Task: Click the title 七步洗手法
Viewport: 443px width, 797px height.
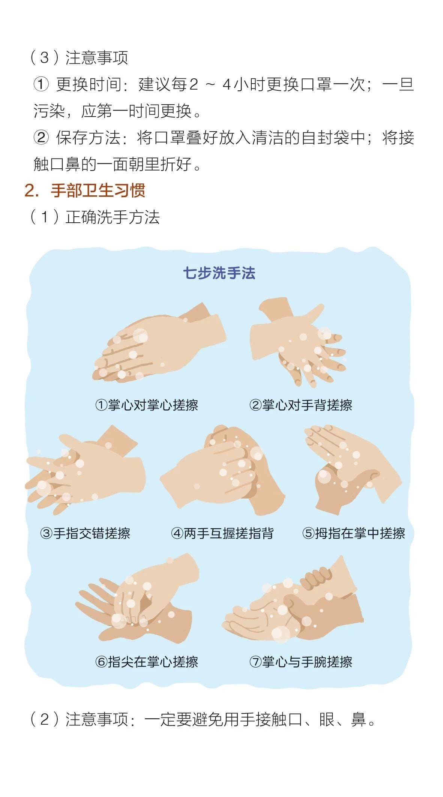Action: [219, 273]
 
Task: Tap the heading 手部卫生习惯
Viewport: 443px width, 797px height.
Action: [98, 190]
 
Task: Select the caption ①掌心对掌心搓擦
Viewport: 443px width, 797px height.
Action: [147, 405]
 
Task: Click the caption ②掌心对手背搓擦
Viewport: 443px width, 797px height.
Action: [301, 405]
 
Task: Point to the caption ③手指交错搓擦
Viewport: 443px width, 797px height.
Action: [85, 533]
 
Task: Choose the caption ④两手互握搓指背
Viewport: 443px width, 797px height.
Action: [222, 533]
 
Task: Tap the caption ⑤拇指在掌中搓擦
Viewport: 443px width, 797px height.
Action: [354, 533]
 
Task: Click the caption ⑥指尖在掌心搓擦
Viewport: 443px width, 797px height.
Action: [147, 662]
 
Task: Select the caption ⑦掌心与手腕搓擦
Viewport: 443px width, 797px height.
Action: [301, 662]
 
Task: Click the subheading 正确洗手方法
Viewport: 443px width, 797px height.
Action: [113, 217]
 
